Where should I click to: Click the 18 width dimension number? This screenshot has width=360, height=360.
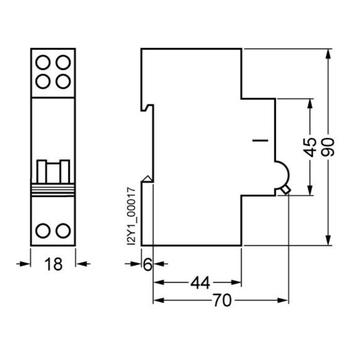pyautogui.click(x=53, y=264)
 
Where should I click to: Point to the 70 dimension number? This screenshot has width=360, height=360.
pyautogui.click(x=221, y=301)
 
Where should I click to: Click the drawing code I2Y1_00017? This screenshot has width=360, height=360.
pyautogui.click(x=131, y=216)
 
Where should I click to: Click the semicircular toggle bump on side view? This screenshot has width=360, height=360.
pyautogui.click(x=282, y=173)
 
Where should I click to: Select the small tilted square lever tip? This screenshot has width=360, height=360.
pyautogui.click(x=285, y=191)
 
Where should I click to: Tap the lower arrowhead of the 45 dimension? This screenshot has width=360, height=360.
pyautogui.click(x=309, y=191)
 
